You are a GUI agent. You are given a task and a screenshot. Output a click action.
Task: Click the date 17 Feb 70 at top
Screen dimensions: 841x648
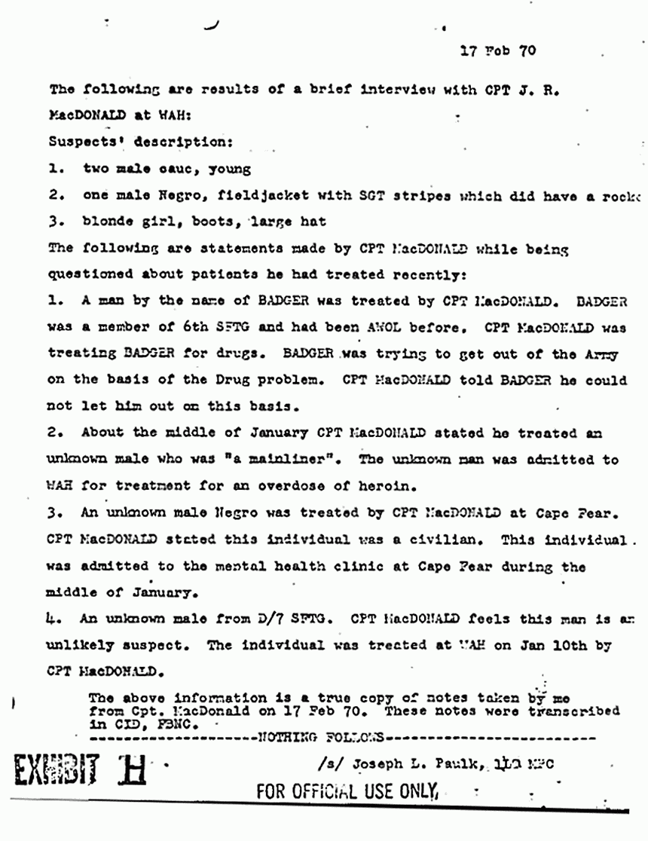[x=497, y=51]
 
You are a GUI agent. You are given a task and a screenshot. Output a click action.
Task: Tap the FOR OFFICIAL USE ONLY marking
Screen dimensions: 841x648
[x=347, y=792]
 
